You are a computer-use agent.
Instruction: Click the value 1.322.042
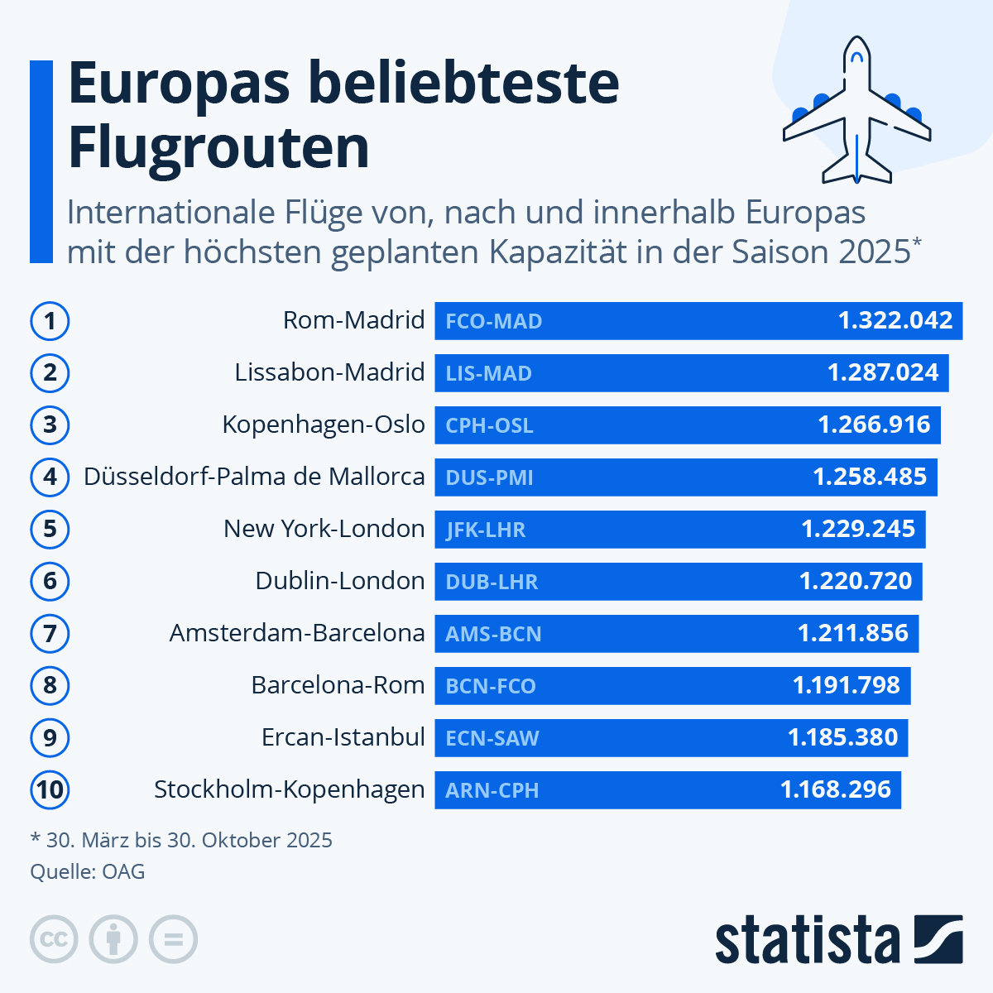pos(895,320)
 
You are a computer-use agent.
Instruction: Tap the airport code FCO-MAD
pos(494,321)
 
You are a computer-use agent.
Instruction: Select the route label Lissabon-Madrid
pos(329,372)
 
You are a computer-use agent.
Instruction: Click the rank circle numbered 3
pos(50,425)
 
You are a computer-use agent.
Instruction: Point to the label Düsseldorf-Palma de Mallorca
pos(254,477)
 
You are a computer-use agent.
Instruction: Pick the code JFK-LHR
pos(486,530)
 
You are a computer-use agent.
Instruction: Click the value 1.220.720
pos(856,581)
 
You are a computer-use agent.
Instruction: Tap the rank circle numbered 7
pos(50,633)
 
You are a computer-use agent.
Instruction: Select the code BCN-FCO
pos(491,686)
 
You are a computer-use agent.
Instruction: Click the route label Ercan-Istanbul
pos(343,737)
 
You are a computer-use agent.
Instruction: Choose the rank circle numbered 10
pos(50,789)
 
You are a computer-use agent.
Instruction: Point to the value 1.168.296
pos(836,789)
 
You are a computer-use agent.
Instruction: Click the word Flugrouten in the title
pos(218,147)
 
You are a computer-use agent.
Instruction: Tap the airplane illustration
pos(857,112)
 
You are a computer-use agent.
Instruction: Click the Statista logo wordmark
pos(807,940)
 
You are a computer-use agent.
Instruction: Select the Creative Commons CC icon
pos(54,939)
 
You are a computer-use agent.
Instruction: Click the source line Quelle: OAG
pos(88,871)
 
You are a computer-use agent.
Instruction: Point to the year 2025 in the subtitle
pos(874,252)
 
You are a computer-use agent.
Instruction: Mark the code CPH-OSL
pos(489,425)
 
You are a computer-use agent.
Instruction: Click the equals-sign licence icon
pos(173,939)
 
